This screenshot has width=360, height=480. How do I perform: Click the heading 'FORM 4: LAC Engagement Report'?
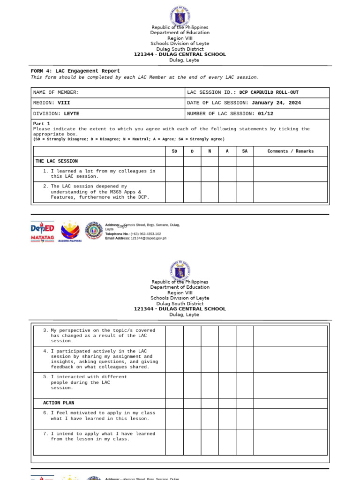tap(75, 71)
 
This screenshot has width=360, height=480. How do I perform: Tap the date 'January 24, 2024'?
tap(276, 103)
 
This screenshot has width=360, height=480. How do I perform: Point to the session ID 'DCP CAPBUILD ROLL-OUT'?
tap(269, 92)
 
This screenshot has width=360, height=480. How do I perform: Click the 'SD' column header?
tap(174, 151)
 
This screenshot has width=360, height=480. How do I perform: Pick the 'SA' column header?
tap(245, 151)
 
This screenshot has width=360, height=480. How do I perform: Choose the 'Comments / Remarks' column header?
tap(290, 151)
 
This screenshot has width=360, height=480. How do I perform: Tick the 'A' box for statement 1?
tap(227, 174)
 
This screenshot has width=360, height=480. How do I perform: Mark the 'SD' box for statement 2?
tap(174, 192)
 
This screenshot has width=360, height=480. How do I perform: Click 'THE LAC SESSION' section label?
tap(57, 161)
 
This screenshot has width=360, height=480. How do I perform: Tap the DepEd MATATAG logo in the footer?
tap(42, 231)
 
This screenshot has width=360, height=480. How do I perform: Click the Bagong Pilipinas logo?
tap(70, 231)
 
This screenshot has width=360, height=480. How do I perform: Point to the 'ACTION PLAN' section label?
tap(59, 403)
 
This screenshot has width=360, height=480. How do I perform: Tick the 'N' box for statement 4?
tap(210, 359)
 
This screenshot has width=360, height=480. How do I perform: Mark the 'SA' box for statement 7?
tap(245, 442)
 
